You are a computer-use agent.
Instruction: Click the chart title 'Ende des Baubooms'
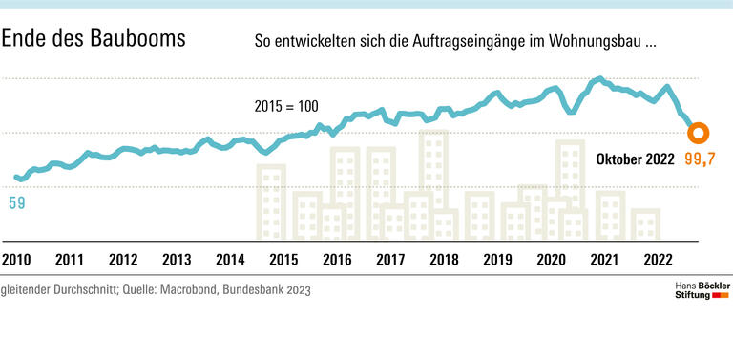point(94,39)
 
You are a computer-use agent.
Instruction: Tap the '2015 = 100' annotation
point(286,105)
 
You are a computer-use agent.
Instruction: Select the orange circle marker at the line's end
point(698,134)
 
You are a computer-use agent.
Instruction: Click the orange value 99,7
point(700,159)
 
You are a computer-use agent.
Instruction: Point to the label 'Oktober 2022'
point(635,159)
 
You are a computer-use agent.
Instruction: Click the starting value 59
point(17,202)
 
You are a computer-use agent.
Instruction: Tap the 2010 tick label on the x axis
point(15,259)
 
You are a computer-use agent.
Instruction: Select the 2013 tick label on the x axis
point(177,259)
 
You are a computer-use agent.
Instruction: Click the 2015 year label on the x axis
point(283,259)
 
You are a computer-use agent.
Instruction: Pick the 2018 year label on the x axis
point(443,259)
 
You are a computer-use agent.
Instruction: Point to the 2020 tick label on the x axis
point(551,259)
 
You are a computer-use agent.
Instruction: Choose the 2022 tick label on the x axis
point(659,259)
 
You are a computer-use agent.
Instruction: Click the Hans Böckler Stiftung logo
point(696,291)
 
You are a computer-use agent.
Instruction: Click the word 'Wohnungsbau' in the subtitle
point(597,43)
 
